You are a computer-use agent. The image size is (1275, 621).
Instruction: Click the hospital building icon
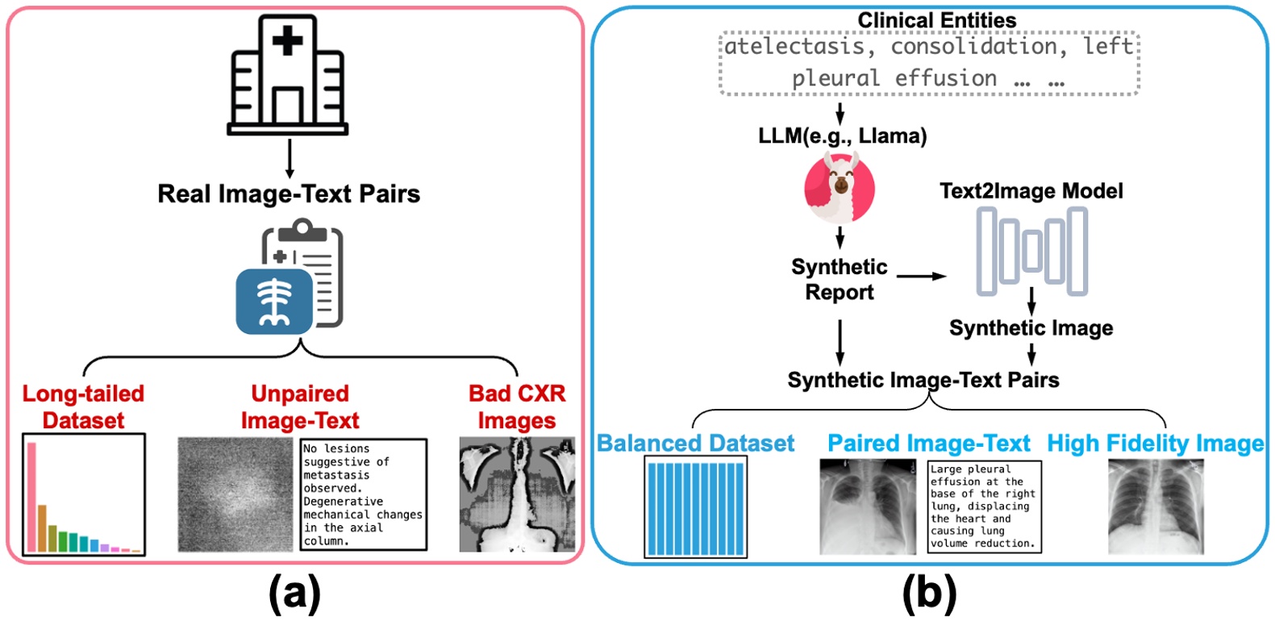click(287, 74)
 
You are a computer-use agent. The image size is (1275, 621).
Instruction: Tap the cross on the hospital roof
click(287, 40)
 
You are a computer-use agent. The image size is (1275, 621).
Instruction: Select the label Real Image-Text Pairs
click(289, 194)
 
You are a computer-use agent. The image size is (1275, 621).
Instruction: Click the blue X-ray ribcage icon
click(274, 302)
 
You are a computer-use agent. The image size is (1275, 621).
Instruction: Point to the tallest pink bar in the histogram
click(32, 497)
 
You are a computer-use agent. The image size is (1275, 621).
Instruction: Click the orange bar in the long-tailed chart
click(42, 528)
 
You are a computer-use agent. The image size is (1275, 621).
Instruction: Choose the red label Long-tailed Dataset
click(83, 407)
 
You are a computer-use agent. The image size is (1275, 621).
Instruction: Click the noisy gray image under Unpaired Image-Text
click(235, 494)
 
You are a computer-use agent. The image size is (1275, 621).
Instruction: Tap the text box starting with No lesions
click(363, 494)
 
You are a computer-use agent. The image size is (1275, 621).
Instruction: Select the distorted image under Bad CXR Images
click(518, 494)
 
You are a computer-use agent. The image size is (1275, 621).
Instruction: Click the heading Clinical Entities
click(937, 20)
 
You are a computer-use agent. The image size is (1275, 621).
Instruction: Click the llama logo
click(840, 188)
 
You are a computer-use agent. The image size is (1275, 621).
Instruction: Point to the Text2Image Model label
click(1031, 190)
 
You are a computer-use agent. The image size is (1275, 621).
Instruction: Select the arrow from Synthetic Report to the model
click(921, 276)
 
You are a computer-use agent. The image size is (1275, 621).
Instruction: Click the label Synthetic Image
click(1031, 328)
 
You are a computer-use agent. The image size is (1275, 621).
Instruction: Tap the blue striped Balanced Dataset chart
click(695, 506)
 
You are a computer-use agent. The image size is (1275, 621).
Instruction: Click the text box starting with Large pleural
click(985, 506)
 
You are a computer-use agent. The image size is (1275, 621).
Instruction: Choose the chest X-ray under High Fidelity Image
click(1156, 506)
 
